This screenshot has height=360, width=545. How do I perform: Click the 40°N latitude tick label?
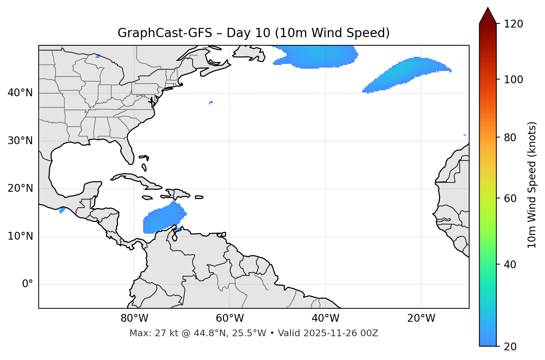coord(20,93)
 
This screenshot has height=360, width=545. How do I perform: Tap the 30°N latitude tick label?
coord(20,141)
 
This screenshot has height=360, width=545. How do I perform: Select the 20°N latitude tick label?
coord(20,189)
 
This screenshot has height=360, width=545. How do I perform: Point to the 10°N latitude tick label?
coord(20,236)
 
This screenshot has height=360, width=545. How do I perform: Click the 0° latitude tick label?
coord(28,284)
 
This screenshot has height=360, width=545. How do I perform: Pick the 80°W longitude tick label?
coord(134,318)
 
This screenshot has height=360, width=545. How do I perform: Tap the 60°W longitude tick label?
coord(230,318)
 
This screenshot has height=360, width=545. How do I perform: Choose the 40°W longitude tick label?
coord(325,318)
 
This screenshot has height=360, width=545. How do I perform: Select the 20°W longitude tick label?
coord(421,318)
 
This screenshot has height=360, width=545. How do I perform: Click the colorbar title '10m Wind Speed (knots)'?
coord(532,185)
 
